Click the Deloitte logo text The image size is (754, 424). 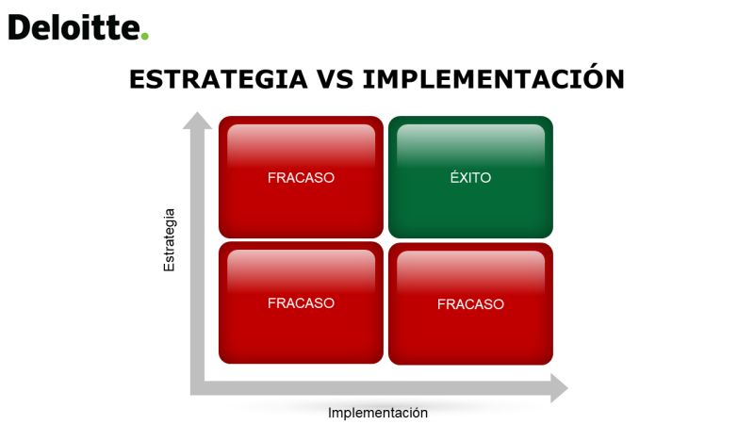tap(74, 27)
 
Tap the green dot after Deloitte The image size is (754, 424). tap(145, 36)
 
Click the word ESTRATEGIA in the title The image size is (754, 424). tap(219, 79)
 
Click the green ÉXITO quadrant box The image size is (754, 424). tap(470, 177)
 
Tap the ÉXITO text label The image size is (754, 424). tap(470, 177)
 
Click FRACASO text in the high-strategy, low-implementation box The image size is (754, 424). tap(301, 178)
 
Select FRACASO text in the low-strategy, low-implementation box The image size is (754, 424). tap(301, 303)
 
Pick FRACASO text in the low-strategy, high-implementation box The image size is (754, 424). tap(470, 304)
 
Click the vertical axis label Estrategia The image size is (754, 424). tap(170, 240)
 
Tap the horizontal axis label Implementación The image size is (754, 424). tap(378, 413)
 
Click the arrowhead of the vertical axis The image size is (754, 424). tap(197, 121)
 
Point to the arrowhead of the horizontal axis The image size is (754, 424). tap(559, 388)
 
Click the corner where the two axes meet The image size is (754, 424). tap(197, 388)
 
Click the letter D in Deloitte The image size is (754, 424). tap(19, 27)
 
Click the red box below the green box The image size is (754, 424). tap(470, 303)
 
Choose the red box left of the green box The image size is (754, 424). tap(301, 177)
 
